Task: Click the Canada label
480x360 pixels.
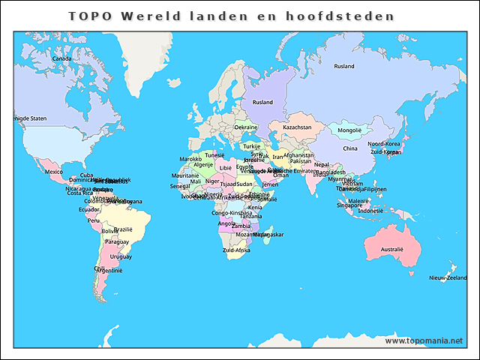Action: [61, 58]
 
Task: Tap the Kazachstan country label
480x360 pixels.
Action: [297, 127]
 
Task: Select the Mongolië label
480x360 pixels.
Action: [349, 130]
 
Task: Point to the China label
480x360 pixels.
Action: [350, 148]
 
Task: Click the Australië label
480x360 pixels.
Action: [392, 249]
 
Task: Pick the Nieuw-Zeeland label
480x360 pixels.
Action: [448, 278]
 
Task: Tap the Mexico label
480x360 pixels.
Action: [54, 172]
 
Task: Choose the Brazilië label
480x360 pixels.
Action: [123, 229]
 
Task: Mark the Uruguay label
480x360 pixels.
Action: [121, 256]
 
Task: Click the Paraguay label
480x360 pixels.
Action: [116, 242]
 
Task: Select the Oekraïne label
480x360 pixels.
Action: [246, 127]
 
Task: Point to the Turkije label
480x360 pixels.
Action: [251, 146]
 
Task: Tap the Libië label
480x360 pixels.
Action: [226, 168]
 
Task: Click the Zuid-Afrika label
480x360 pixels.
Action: [236, 250]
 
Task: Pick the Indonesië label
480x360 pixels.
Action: [370, 211]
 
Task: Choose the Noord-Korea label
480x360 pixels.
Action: [383, 144]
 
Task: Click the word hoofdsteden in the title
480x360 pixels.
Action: [353, 16]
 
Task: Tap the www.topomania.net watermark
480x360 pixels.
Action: [424, 340]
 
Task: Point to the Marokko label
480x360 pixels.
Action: [190, 159]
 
